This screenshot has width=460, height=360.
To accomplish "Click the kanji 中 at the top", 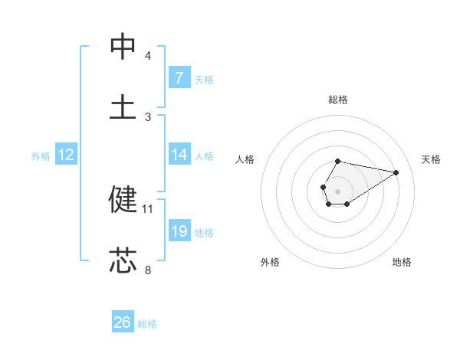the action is [123, 47].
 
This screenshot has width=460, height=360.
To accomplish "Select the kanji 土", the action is [123, 107].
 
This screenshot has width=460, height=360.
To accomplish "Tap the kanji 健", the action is [123, 199].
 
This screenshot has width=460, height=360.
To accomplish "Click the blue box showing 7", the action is [179, 77].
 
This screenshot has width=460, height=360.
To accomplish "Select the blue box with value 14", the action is [179, 155].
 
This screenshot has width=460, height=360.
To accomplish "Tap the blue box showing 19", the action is [179, 231].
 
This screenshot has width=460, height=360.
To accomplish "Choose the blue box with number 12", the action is [66, 155].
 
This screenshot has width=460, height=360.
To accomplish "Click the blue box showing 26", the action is [123, 322].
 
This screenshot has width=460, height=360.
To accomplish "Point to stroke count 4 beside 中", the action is [148, 56].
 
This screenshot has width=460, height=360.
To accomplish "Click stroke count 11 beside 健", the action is [148, 208].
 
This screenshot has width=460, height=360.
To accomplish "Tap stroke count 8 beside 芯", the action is [148, 270].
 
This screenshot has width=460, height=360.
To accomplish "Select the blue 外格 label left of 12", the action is [41, 156].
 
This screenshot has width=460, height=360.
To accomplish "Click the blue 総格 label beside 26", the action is [147, 324].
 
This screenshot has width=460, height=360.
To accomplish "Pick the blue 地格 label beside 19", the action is [204, 233].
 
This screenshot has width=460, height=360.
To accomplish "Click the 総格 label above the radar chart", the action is [338, 100].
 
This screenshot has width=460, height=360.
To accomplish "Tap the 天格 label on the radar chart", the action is [432, 159].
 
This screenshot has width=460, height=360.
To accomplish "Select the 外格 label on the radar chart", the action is [270, 262].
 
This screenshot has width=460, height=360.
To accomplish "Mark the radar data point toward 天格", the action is [396, 172].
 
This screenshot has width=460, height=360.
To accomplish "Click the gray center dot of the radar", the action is [337, 190].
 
